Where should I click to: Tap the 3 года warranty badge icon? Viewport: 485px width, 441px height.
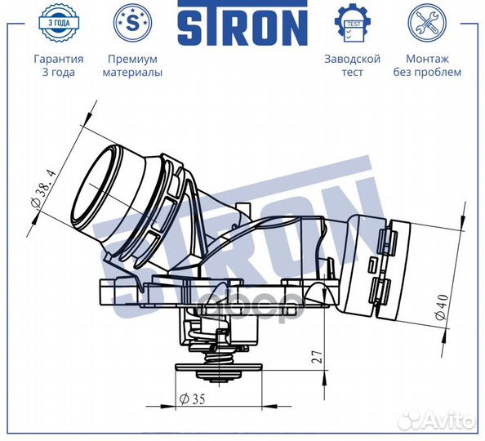pyautogui.click(x=58, y=24)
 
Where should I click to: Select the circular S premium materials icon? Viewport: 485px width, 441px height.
pyautogui.click(x=132, y=24)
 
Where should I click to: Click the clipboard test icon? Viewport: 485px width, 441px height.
pyautogui.click(x=353, y=24)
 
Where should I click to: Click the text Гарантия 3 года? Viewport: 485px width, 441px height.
pyautogui.click(x=58, y=65)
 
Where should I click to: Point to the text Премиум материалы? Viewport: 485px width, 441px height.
pyautogui.click(x=132, y=65)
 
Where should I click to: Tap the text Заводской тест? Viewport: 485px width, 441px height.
pyautogui.click(x=353, y=65)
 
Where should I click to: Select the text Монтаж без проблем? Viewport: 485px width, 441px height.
pyautogui.click(x=433, y=65)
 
